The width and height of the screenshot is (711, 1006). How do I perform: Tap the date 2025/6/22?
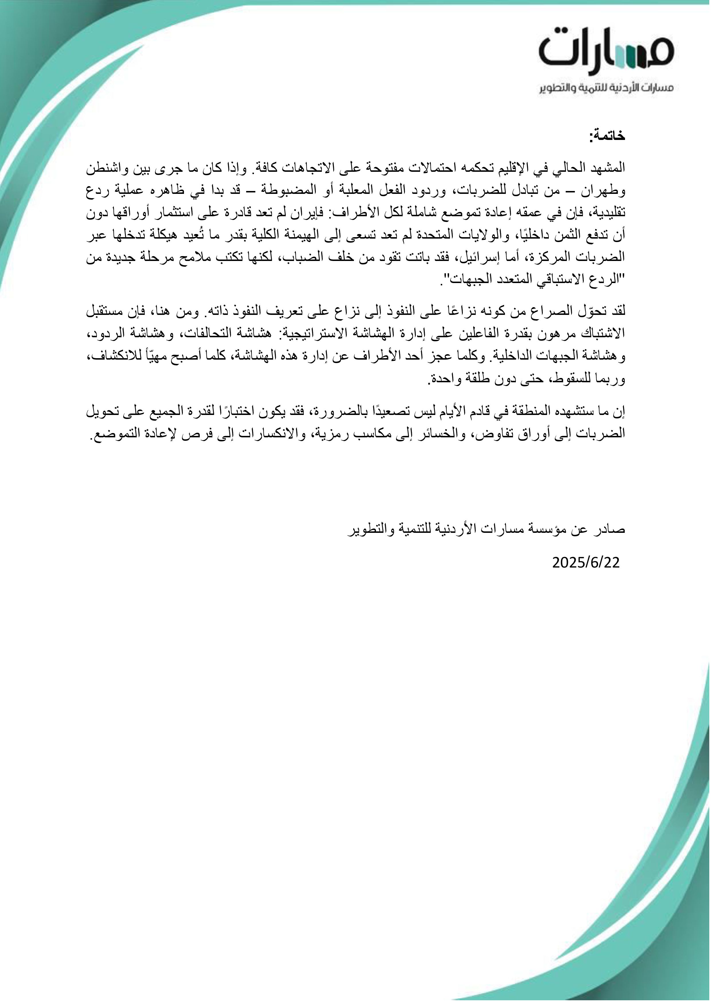tap(586, 563)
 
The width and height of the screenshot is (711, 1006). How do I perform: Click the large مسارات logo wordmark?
tap(606, 50)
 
